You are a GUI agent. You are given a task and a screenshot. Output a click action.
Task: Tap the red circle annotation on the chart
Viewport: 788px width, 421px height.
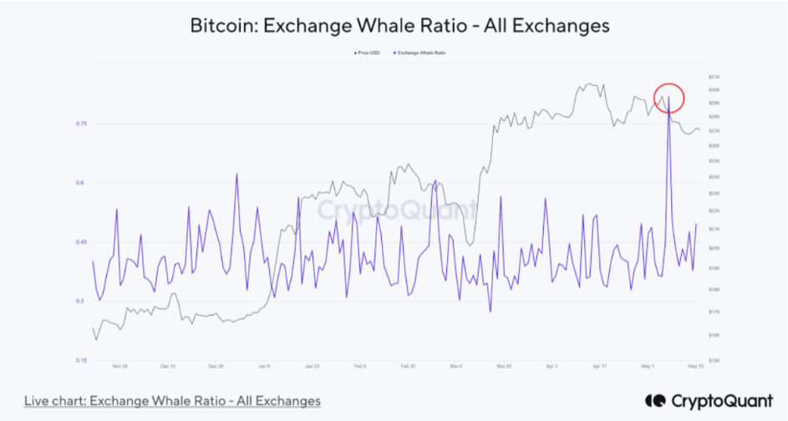point(669,99)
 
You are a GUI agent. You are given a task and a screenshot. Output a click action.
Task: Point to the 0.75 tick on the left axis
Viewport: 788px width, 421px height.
point(82,124)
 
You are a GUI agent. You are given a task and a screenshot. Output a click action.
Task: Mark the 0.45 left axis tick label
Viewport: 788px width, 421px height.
point(82,242)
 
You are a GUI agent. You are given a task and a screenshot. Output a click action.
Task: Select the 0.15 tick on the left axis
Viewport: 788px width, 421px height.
point(82,361)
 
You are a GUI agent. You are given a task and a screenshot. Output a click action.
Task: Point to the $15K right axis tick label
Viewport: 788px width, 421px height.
point(714,360)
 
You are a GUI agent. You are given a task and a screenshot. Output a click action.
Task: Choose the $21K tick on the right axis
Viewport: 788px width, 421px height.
point(714,229)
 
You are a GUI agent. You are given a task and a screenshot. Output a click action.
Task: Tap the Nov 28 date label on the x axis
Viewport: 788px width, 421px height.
point(119,366)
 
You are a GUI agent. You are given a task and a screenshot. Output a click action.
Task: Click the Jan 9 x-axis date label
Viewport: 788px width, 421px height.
point(264,366)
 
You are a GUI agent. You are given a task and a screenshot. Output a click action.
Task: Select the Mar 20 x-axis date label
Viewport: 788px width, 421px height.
point(504,366)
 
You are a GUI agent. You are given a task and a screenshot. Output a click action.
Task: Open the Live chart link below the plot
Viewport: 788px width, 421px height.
point(172,401)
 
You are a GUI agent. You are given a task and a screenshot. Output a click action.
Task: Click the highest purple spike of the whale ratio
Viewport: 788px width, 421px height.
point(669,99)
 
